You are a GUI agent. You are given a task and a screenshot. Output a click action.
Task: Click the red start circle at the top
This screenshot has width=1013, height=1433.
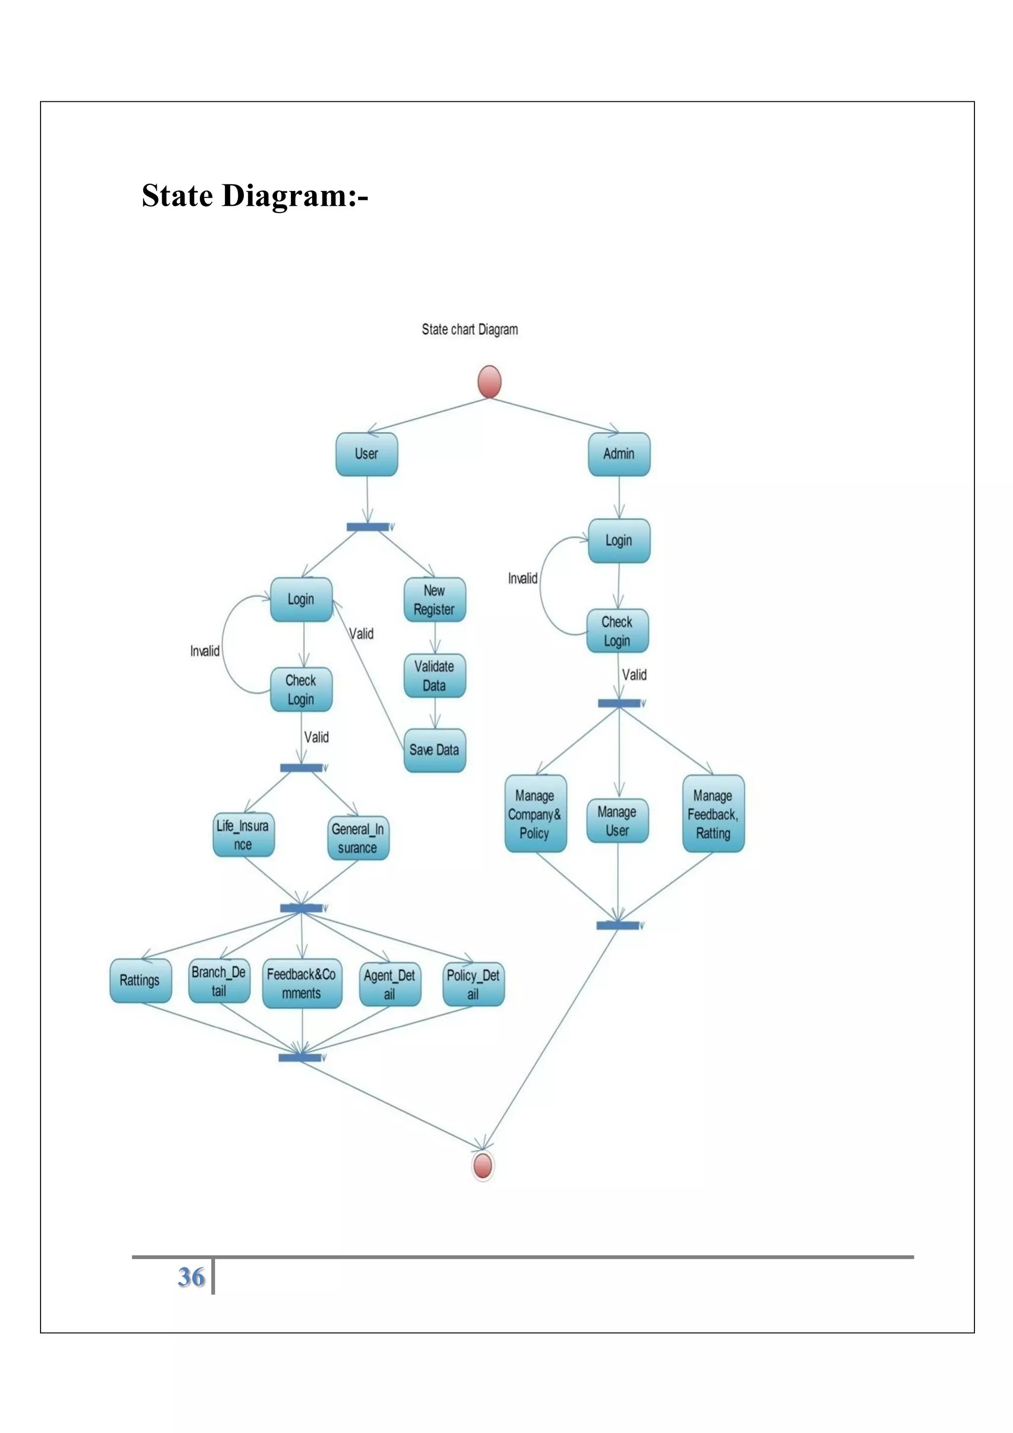pos(489,381)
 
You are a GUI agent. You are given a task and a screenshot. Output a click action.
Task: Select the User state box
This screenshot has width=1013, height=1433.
pos(367,454)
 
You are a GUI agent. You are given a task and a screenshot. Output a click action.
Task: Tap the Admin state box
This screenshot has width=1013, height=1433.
pos(619,454)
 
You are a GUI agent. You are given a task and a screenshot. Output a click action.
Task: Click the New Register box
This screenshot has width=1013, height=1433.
pos(434,600)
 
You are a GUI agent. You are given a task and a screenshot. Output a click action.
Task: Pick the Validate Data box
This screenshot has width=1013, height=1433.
pos(434,676)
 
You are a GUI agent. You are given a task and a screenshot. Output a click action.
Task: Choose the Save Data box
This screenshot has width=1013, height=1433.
pos(434,750)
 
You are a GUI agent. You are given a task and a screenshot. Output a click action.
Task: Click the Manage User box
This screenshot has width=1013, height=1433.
pos(617,821)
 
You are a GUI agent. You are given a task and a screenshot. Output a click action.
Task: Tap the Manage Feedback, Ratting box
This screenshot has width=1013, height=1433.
pos(713,814)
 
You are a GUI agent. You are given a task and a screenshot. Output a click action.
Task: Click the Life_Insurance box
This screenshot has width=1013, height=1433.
pos(243,835)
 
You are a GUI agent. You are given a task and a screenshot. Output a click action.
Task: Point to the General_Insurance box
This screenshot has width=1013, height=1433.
pos(358,838)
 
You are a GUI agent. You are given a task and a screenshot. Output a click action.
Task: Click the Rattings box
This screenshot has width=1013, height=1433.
pos(140,981)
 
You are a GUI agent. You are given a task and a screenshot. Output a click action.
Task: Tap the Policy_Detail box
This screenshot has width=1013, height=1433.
pos(473,984)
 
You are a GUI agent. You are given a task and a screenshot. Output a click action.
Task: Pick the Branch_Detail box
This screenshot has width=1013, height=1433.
pos(219,981)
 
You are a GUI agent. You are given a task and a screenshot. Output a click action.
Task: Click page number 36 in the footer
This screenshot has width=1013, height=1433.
pos(191,1276)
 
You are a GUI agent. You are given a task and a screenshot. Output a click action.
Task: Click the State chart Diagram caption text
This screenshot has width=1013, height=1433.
pos(469,329)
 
